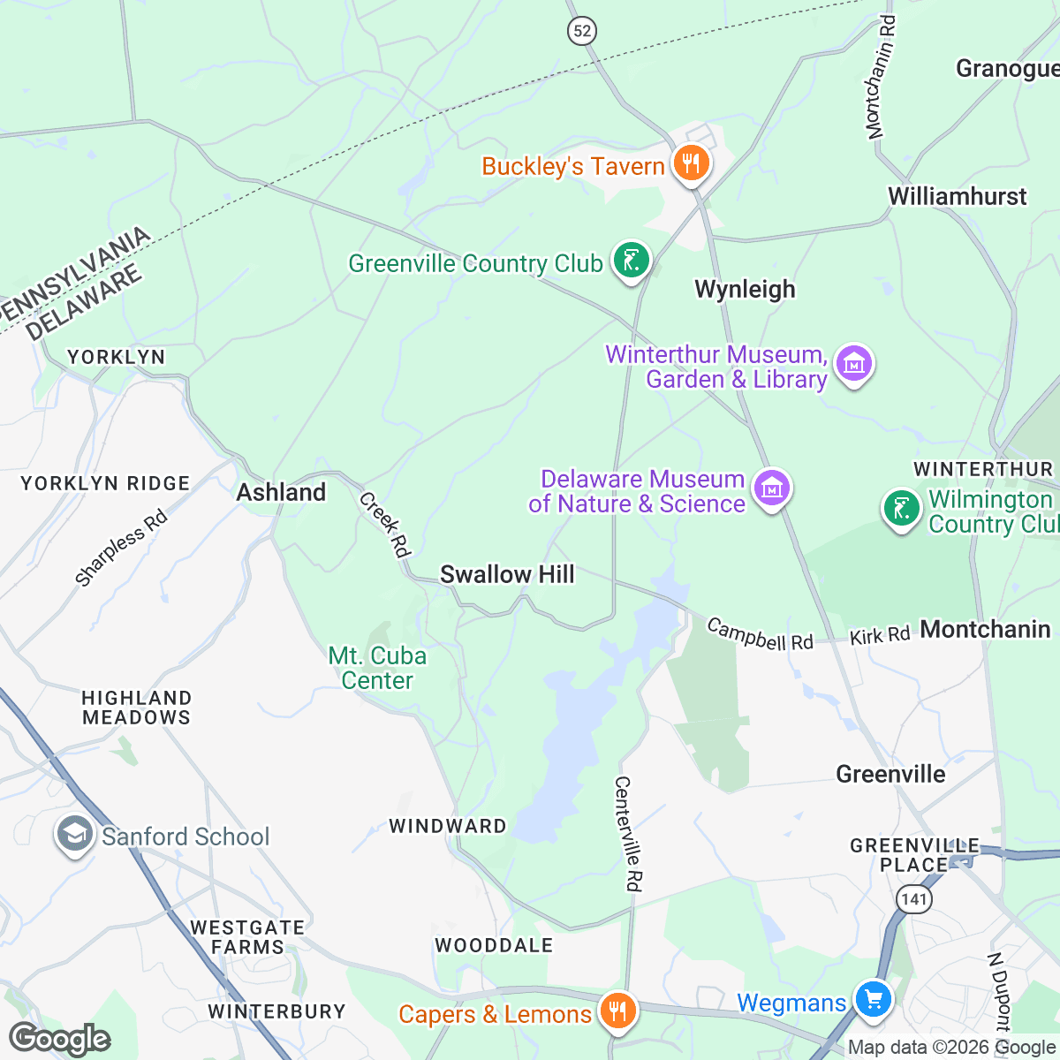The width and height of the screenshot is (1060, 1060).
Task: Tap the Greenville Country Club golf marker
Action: pyautogui.click(x=632, y=261)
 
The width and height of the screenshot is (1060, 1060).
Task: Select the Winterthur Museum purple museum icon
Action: pyautogui.click(x=853, y=364)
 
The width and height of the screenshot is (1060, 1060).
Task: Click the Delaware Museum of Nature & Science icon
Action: pyautogui.click(x=772, y=488)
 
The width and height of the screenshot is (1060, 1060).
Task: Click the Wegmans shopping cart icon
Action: pyautogui.click(x=874, y=1001)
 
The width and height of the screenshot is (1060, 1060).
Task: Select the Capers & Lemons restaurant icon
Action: pyautogui.click(x=617, y=1011)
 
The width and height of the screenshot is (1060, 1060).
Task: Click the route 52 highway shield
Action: pyautogui.click(x=581, y=32)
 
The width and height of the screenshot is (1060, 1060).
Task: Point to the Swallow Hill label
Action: pyautogui.click(x=507, y=574)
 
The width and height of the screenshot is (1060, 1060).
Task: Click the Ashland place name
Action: pyautogui.click(x=281, y=492)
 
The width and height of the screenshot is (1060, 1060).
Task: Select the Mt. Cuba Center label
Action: pyautogui.click(x=377, y=668)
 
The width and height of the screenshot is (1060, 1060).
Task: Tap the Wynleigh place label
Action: pyautogui.click(x=745, y=289)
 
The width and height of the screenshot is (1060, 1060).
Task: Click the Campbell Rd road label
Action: pyautogui.click(x=760, y=634)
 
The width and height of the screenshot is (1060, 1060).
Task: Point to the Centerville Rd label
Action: pyautogui.click(x=629, y=833)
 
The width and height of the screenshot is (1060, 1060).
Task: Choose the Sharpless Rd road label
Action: pyautogui.click(x=121, y=549)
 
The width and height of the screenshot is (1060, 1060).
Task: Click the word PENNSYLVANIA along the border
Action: pyautogui.click(x=76, y=273)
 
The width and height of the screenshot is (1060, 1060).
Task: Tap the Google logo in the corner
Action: pyautogui.click(x=59, y=1039)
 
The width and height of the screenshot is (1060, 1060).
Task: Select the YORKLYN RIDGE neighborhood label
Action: pyautogui.click(x=105, y=483)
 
